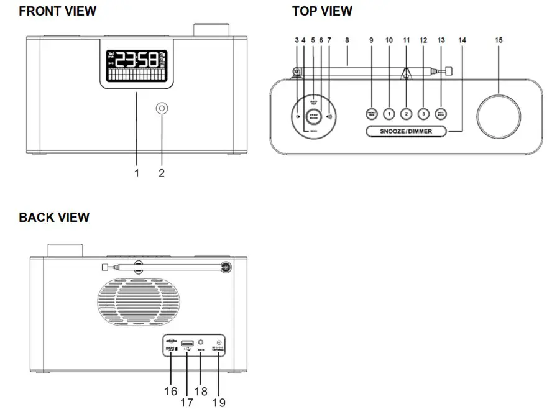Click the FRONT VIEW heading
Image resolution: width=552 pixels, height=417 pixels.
click(58, 11)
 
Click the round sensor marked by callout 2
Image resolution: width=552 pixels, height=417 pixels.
click(162, 109)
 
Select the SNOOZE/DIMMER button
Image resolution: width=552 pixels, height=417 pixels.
click(407, 131)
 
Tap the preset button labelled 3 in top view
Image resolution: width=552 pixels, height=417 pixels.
click(423, 114)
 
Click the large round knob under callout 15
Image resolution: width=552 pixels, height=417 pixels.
click(499, 115)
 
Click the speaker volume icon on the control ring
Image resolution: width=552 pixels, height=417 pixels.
click(329, 116)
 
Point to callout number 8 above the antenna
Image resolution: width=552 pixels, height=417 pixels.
click(347, 40)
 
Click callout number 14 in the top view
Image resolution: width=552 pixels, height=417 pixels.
click(461, 40)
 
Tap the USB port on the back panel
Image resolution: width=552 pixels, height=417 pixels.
click(187, 343)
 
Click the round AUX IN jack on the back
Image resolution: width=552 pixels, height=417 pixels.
click(201, 342)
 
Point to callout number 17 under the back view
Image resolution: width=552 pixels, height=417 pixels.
click(186, 402)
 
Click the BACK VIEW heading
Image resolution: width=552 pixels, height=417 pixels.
click(54, 218)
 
